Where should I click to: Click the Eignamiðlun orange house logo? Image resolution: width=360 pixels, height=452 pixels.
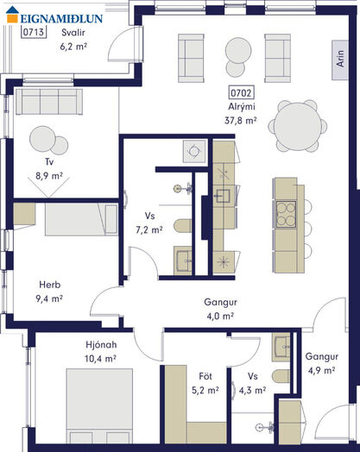(12, 15)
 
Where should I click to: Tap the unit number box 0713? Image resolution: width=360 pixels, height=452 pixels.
(34, 32)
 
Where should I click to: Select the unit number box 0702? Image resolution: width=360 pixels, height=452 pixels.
(242, 93)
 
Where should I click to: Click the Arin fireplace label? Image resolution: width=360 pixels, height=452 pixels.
(340, 60)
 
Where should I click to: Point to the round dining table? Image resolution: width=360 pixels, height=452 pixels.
(298, 126)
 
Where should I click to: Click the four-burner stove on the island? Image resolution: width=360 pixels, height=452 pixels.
(286, 214)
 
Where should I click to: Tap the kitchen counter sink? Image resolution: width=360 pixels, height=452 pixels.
(224, 196)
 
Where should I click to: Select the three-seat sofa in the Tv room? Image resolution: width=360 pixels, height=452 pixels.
(49, 102)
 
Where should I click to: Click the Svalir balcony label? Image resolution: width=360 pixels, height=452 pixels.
(73, 32)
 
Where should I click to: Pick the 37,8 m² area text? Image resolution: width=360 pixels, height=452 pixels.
(241, 121)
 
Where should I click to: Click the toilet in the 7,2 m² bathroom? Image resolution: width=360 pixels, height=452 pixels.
(183, 226)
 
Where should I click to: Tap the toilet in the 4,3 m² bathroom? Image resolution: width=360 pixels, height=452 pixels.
(281, 376)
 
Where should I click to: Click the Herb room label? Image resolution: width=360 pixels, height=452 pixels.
(50, 285)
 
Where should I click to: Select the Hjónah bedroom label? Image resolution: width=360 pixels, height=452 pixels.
(101, 344)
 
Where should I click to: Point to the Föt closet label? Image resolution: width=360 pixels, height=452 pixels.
(205, 376)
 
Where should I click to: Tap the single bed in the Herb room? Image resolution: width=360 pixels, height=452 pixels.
(81, 219)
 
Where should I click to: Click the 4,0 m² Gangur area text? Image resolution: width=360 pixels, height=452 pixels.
(220, 317)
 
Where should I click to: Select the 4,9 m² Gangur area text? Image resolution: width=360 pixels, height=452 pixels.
(321, 370)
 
